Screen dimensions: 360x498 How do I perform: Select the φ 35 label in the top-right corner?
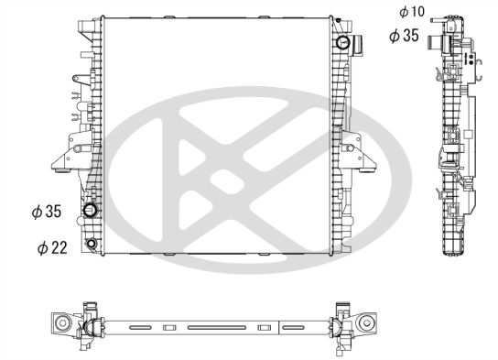click(x=405, y=36)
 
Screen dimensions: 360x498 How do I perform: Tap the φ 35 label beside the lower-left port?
click(x=46, y=212)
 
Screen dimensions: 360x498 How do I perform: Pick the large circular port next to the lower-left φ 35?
click(x=92, y=213)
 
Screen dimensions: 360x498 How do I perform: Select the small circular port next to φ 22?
click(x=92, y=244)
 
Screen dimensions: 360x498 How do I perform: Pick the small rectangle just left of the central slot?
click(x=168, y=327)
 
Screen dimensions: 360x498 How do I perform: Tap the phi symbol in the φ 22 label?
click(x=42, y=248)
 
